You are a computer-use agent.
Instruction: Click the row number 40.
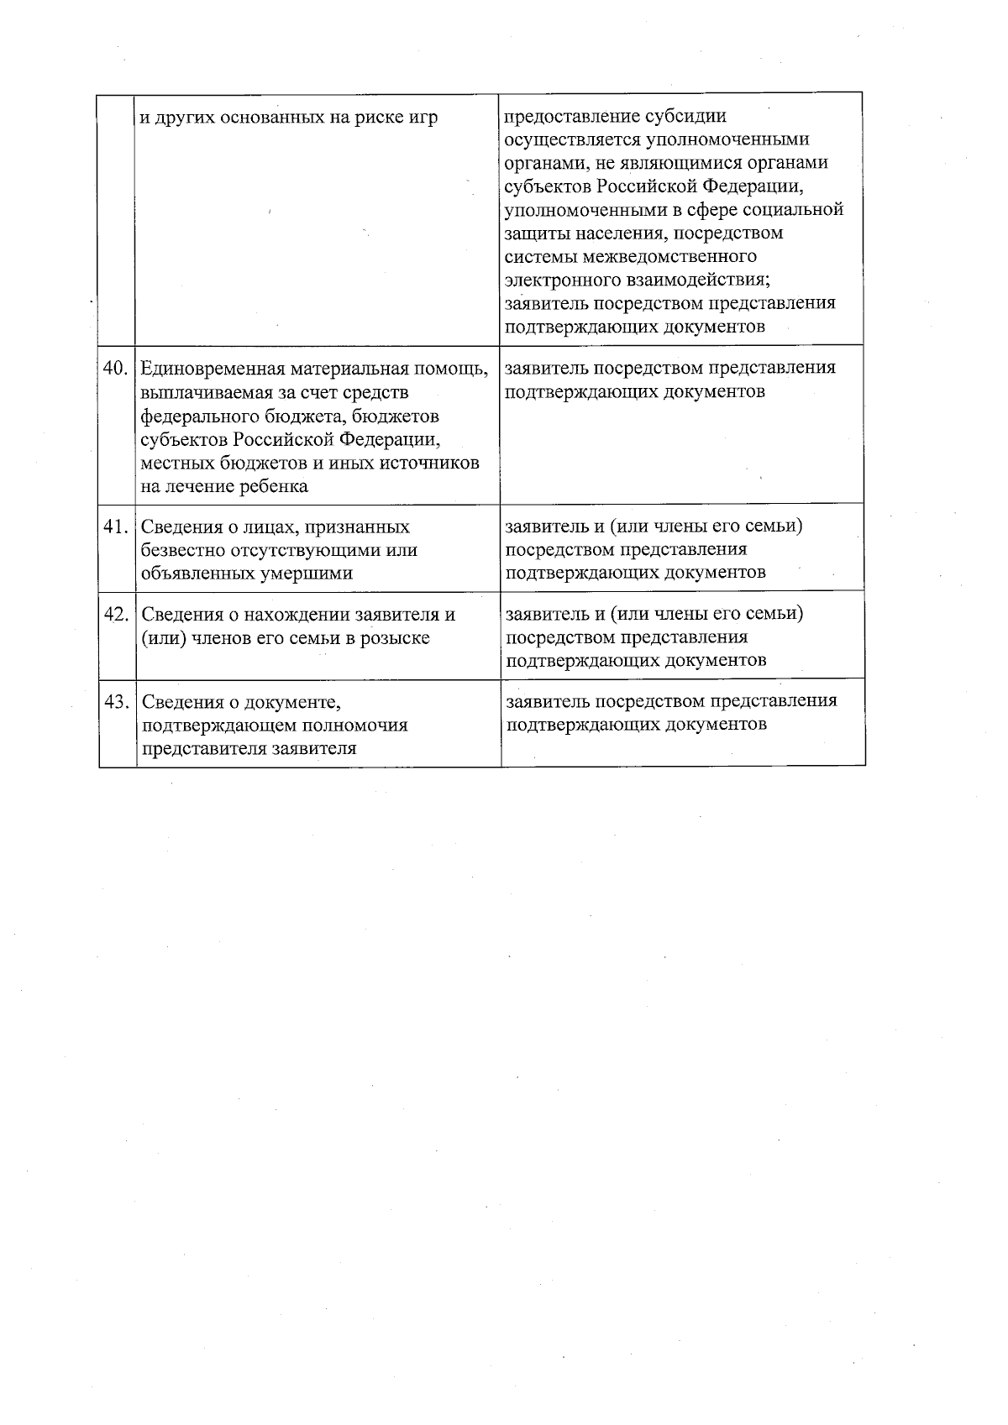[115, 369]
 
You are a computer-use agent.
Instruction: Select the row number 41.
[115, 527]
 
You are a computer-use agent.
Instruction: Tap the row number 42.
[116, 615]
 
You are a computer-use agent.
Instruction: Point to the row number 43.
[116, 702]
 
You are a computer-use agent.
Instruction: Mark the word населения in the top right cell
[628, 233]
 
